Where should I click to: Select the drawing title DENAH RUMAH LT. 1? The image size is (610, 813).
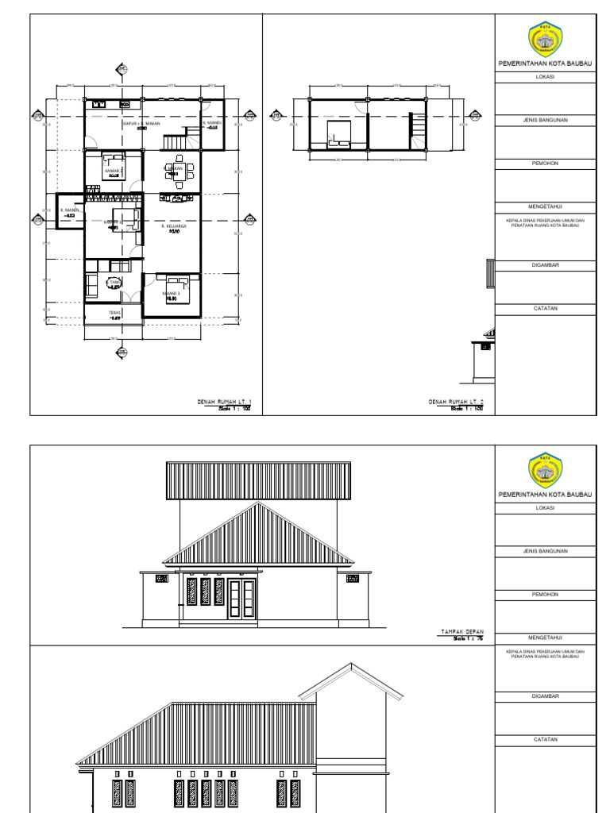[x=224, y=402]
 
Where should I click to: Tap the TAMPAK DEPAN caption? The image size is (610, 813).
[x=462, y=632]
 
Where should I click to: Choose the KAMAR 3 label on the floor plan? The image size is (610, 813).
[x=172, y=294]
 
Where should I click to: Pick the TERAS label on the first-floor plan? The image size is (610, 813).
[x=114, y=314]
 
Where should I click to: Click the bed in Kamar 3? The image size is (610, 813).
[x=178, y=282]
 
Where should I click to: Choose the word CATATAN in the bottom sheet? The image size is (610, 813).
[x=545, y=739]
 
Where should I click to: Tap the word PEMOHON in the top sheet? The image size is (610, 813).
[x=545, y=163]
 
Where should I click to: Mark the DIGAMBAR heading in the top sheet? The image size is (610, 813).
[x=545, y=265]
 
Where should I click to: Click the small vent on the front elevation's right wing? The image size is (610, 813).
[x=353, y=579]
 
